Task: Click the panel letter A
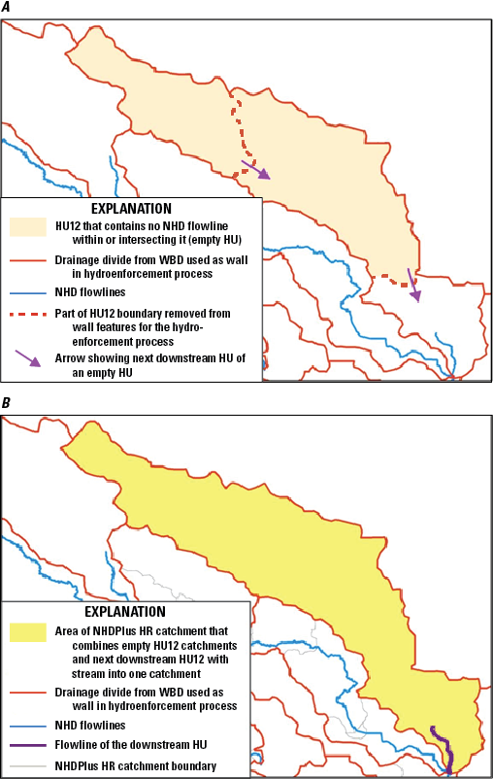point(8,8)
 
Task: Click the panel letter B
point(8,401)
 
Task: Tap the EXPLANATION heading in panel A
point(131,208)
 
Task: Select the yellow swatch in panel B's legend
point(28,632)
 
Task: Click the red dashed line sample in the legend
point(28,315)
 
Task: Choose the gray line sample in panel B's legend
point(28,765)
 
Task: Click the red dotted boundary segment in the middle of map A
point(239,131)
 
